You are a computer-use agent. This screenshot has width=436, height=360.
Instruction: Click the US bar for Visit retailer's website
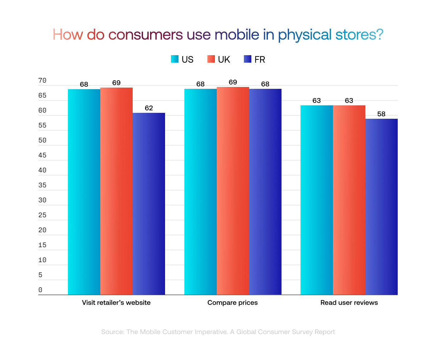84,192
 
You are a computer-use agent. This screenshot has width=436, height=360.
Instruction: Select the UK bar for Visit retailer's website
116,191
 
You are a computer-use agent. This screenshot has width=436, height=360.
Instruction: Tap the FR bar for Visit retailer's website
149,204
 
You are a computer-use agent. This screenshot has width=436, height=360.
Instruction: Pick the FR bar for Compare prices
265,191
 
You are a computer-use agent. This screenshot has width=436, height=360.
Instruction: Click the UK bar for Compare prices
233,191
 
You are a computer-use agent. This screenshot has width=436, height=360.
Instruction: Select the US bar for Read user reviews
316,200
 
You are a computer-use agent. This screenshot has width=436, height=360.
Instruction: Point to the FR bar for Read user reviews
381,207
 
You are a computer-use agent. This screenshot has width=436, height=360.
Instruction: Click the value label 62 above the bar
149,108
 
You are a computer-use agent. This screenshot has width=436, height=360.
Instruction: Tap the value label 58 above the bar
381,114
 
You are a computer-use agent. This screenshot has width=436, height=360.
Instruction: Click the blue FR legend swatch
248,59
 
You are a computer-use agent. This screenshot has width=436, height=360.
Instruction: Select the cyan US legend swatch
175,59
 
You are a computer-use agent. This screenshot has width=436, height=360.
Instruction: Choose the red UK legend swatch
211,59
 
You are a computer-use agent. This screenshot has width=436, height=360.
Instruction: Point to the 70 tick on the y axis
42,80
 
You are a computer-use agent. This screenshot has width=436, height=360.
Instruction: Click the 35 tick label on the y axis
42,185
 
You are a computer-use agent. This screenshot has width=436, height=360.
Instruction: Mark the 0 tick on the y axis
40,290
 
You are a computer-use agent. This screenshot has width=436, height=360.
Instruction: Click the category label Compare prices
232,303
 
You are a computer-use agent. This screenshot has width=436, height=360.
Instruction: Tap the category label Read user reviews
349,303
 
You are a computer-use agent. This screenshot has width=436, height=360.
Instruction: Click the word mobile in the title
237,35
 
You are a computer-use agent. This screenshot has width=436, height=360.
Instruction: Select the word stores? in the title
359,35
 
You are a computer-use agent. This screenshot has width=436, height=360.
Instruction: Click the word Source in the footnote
112,332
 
